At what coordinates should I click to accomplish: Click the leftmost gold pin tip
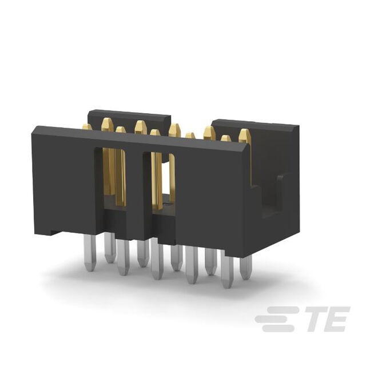tap(87, 127)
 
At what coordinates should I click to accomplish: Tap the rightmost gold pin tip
tap(245, 135)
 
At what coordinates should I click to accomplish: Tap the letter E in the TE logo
tap(337, 319)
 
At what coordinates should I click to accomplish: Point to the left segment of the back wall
tap(129, 117)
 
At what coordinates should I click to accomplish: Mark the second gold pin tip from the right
tap(226, 139)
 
